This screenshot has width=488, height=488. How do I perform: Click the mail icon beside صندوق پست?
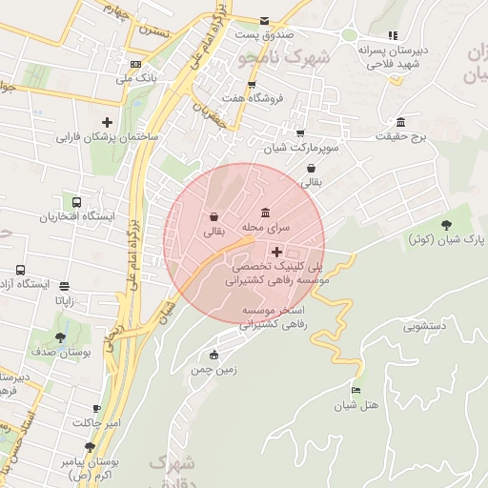(265, 21)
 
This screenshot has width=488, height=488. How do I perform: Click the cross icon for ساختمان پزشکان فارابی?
(107, 122)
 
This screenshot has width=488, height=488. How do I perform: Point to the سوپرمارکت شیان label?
(301, 148)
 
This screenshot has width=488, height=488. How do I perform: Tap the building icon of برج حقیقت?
(399, 123)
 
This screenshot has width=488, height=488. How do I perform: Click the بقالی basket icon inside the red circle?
(213, 216)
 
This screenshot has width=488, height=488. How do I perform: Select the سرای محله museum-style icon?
(265, 213)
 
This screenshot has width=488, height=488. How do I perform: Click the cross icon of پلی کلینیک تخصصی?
(276, 253)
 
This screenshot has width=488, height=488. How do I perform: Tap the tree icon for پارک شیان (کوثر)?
(446, 224)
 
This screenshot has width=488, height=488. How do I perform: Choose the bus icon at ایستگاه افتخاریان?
(75, 202)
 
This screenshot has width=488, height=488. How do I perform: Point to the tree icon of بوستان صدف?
(61, 337)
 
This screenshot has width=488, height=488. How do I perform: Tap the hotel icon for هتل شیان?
(356, 390)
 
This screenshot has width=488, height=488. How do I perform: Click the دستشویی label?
(425, 326)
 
